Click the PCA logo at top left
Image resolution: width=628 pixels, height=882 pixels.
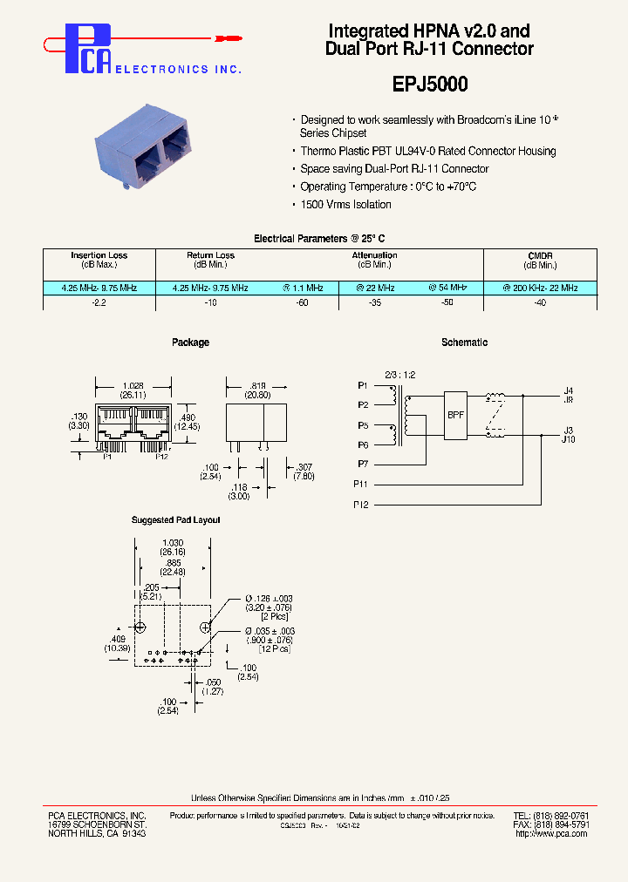click(87, 48)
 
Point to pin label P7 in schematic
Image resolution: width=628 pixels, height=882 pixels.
click(363, 463)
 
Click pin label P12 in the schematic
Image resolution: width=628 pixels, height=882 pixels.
click(361, 505)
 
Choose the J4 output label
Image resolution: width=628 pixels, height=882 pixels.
click(568, 390)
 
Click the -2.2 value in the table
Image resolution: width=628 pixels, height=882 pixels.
click(99, 302)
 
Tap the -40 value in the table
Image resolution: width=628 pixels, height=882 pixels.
click(540, 302)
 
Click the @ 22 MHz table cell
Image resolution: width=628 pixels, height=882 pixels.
click(375, 288)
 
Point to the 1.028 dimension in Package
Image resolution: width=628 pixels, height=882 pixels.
click(133, 384)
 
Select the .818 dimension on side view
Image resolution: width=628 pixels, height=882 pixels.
click(256, 384)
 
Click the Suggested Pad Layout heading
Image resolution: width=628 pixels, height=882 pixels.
click(175, 520)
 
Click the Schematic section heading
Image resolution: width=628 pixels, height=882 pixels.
click(464, 343)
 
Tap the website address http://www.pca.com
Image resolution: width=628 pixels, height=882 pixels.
click(550, 834)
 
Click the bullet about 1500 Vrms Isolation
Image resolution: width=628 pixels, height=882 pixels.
click(345, 205)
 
